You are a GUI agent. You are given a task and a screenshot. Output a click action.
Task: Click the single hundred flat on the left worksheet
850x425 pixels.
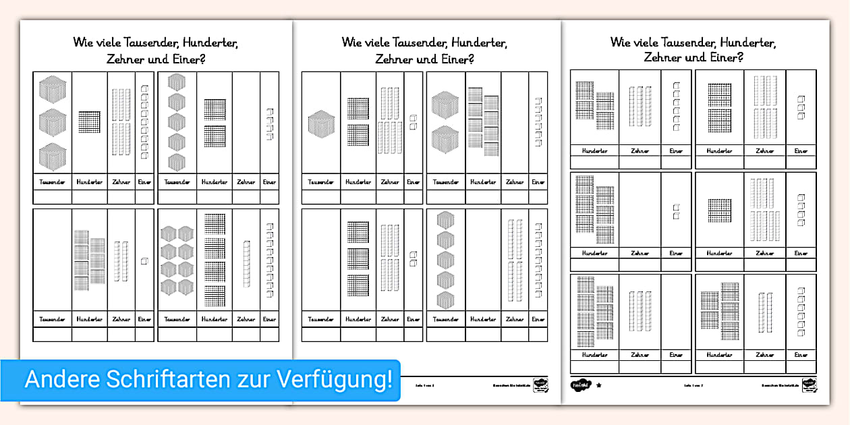(89, 121)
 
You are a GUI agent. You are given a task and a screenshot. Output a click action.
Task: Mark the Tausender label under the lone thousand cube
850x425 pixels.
(320, 182)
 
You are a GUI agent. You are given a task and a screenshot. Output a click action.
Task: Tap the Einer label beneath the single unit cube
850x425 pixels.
(144, 319)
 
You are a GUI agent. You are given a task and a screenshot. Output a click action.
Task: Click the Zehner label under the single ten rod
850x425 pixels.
(246, 319)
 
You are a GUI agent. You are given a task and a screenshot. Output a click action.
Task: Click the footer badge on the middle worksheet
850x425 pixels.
(540, 385)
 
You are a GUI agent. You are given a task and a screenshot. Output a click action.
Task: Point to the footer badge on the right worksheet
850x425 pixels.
(808, 385)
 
